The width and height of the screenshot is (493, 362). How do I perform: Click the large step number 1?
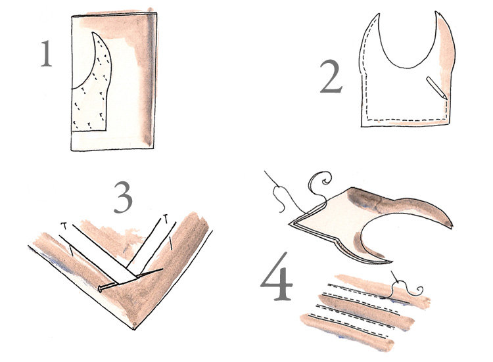coord(46,54)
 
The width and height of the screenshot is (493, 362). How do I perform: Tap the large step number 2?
coord(331,77)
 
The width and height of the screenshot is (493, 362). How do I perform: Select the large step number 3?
coord(123,198)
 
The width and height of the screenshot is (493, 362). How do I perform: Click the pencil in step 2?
coord(436,88)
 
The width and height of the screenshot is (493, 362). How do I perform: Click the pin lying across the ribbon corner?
coord(130,279)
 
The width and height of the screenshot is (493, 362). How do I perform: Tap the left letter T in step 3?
coord(64,225)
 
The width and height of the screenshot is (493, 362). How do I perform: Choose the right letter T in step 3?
coord(166,217)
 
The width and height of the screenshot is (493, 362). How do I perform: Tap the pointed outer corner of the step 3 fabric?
coord(135,329)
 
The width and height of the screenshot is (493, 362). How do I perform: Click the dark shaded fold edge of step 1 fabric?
coord(151,80)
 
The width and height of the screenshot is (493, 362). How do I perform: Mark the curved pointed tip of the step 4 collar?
coord(452,225)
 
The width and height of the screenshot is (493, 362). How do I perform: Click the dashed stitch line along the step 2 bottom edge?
coord(407,120)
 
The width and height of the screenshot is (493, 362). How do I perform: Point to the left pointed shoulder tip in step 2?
coord(378,14)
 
